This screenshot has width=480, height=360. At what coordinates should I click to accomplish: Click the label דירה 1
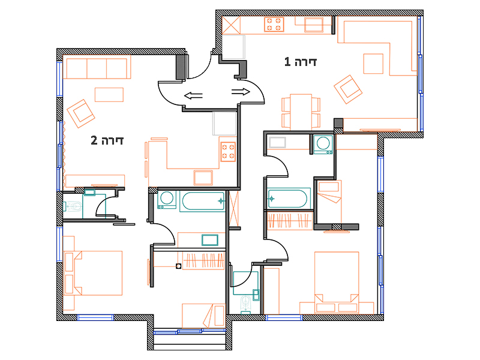pos(301,62)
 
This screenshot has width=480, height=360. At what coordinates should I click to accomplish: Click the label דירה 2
pos(107,140)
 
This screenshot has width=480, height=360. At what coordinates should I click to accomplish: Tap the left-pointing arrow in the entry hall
pos(193,96)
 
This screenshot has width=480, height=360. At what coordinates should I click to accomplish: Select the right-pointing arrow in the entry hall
pos(241,92)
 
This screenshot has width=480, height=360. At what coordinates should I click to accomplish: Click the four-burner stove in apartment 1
pos(274,25)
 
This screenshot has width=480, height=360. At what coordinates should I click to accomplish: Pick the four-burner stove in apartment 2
pos(228,152)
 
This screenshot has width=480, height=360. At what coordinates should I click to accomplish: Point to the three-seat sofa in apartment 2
pos(97,68)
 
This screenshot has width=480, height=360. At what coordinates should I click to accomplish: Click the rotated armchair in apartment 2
pos(81,113)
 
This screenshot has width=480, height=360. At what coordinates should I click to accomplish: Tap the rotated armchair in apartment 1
pos(348,89)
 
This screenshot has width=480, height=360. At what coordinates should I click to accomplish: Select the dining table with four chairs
pos(301,112)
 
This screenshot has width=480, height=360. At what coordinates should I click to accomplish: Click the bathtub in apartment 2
pos(203,201)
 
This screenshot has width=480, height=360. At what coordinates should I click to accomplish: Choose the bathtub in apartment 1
pos(289,199)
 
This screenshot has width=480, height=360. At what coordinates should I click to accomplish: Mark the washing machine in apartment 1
pos(323,145)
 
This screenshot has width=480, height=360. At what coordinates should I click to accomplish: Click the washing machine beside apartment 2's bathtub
pos(167,200)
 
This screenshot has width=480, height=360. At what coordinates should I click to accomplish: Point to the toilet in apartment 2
pos(73,206)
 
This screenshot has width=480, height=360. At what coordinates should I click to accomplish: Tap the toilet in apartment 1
pos(245,305)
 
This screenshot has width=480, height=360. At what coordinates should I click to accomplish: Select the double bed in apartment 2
pos(92,273)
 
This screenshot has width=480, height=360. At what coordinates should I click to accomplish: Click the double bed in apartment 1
pos(337,283)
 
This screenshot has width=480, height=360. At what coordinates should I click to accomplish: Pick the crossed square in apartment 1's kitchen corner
pos(231,25)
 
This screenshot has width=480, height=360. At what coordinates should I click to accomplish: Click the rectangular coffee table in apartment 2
pos(109,95)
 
